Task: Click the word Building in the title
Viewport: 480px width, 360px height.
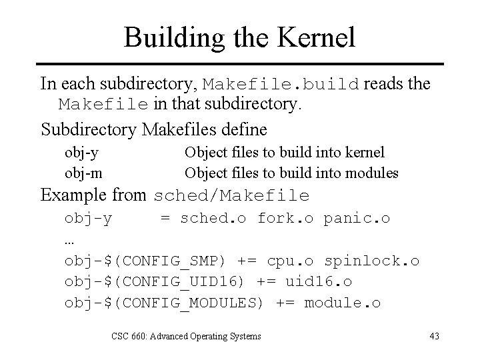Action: coord(164,37)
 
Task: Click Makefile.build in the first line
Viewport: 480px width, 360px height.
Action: coord(281,85)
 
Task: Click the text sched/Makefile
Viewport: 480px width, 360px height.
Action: coord(231,196)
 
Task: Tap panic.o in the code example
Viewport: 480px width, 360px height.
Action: coord(357,218)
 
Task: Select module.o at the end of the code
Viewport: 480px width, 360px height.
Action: coord(342,303)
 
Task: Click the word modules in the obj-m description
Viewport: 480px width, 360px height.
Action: coord(373,173)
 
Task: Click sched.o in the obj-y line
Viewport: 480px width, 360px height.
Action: coord(213,218)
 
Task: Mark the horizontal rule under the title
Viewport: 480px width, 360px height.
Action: coord(240,64)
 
